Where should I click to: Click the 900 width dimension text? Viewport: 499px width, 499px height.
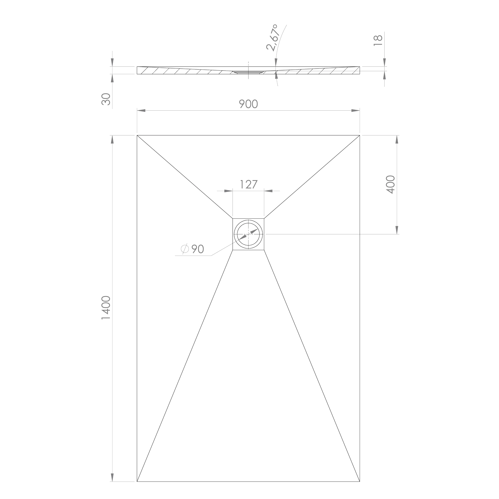pos(248,104)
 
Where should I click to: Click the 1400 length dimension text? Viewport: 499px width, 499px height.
pos(106,308)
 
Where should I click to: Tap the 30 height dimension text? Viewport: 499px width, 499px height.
pos(106,99)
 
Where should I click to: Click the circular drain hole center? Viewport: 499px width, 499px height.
pos(249,234)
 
